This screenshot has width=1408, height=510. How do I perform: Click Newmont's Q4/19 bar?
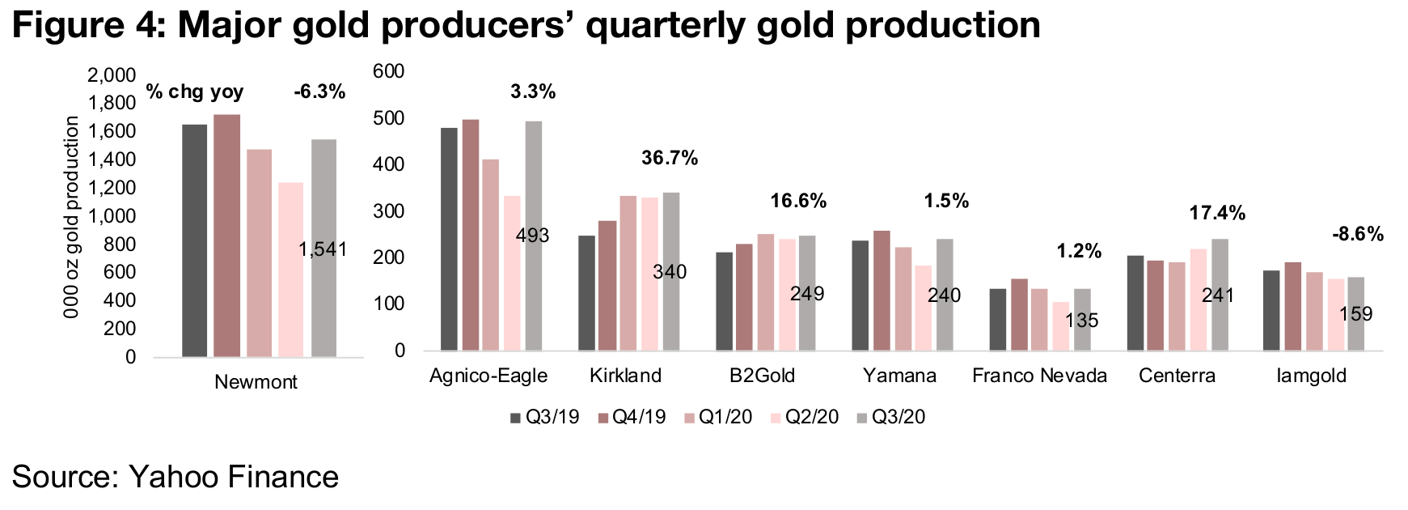click(227, 236)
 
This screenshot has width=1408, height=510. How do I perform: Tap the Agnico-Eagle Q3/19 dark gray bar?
click(449, 239)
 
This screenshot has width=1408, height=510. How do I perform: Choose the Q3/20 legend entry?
click(890, 418)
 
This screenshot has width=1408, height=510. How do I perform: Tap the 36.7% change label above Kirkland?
click(670, 158)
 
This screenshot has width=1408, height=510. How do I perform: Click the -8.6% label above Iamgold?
click(1358, 235)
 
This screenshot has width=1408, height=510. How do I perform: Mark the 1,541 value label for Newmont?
click(323, 249)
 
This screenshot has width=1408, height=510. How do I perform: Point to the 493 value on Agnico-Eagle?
click(532, 236)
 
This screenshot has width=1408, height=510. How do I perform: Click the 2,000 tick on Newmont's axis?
click(112, 75)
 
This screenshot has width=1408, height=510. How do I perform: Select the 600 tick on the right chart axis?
click(388, 71)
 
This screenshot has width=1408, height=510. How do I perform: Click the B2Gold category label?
click(762, 376)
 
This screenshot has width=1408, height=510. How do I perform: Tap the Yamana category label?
click(899, 376)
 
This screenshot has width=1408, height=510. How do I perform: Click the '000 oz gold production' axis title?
click(72, 217)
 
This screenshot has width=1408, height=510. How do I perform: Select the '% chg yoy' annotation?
click(195, 92)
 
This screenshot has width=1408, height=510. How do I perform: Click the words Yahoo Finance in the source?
click(234, 477)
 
